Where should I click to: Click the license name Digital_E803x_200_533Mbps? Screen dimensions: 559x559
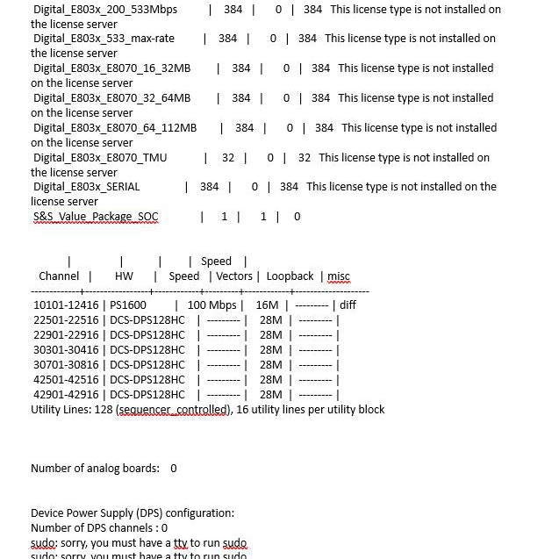tap(105, 10)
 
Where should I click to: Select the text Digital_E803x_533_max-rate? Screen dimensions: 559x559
tap(104, 39)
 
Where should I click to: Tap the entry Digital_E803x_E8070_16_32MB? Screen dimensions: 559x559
tap(111, 68)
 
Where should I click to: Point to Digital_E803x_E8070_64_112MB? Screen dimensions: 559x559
tap(115, 128)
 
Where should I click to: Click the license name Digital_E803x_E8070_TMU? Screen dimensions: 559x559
tap(100, 158)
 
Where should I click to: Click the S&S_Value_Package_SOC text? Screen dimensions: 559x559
tap(96, 217)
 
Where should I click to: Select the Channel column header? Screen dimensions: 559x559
tap(59, 276)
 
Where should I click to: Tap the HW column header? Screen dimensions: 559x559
tap(124, 276)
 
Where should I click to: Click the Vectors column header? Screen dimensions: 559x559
tap(234, 276)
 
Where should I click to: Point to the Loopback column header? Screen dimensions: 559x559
tap(290, 276)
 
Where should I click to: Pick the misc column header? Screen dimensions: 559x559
tap(339, 276)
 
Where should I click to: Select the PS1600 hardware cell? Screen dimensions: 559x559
tap(128, 305)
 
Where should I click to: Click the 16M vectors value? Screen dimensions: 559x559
tap(267, 305)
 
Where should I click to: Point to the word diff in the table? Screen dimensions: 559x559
tap(348, 305)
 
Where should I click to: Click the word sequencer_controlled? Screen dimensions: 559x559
tap(175, 410)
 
